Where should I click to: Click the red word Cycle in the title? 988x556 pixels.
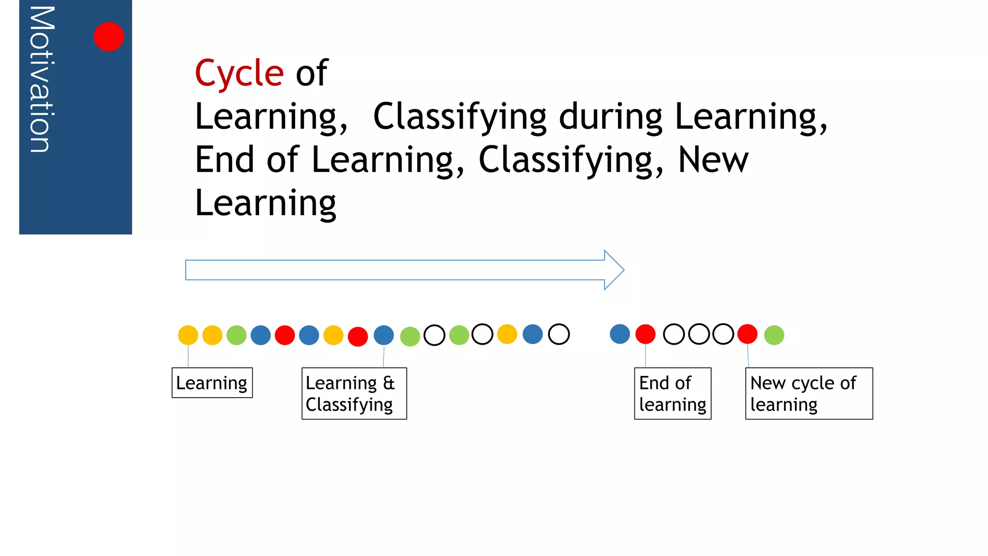pos(239,73)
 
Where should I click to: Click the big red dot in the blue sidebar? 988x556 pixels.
pos(109,37)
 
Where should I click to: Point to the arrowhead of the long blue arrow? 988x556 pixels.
pos(614,270)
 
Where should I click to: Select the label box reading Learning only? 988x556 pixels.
pos(212,383)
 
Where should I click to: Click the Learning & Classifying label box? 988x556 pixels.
pos(354,393)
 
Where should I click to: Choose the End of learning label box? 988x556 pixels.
pos(672,393)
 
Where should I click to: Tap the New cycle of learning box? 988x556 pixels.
pos(809,393)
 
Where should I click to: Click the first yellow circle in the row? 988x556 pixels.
pos(188,335)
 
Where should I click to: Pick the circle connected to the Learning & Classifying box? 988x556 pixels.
pos(384,335)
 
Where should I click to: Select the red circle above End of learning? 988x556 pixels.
pos(645,334)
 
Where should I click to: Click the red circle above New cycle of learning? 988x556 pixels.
pos(747,334)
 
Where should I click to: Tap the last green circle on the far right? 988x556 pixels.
pos(774,335)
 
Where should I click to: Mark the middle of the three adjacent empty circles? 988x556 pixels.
pos(699,334)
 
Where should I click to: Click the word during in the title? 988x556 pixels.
pos(611,117)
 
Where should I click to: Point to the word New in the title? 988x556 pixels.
pos(713,160)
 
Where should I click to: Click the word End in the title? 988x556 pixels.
pos(224,160)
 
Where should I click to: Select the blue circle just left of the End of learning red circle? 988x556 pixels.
pos(620,334)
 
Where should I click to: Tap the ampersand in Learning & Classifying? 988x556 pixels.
pos(389,383)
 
